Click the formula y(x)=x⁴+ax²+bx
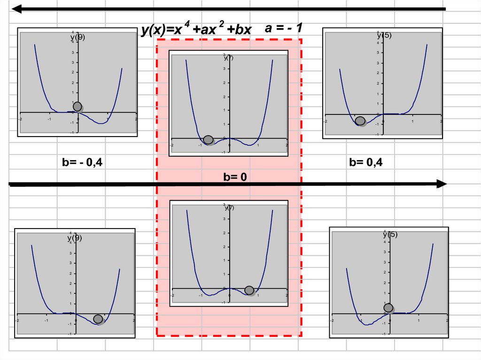click(x=196, y=30)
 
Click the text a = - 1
click(x=283, y=28)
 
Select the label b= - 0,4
click(x=82, y=162)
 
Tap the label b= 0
click(x=235, y=177)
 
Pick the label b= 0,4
click(x=365, y=162)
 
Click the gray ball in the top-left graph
click(x=78, y=107)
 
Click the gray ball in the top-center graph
click(x=208, y=139)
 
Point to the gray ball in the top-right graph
click(x=360, y=121)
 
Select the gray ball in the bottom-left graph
click(x=98, y=319)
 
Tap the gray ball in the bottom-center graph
click(x=249, y=291)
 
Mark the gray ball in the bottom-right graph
click(x=388, y=307)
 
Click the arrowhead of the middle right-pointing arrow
click(x=441, y=184)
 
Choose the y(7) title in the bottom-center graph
click(x=229, y=207)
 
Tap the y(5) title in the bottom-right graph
click(x=390, y=235)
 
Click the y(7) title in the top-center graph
click(x=229, y=58)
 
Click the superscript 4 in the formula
click(x=186, y=25)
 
